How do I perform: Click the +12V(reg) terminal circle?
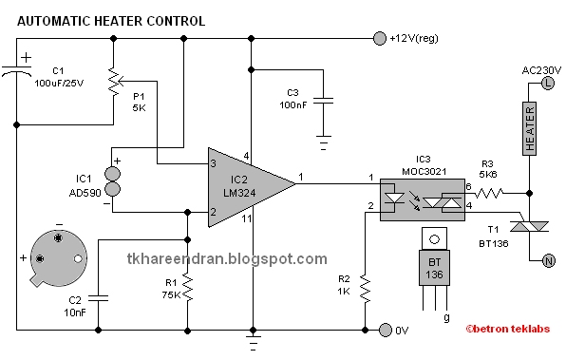[379, 38]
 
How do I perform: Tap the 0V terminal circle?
[386, 330]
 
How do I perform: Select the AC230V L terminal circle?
[548, 84]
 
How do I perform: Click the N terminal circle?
[549, 260]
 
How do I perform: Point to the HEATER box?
[530, 128]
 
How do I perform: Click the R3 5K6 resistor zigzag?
[489, 194]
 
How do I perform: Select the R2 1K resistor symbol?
[365, 289]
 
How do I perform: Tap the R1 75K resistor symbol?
[187, 287]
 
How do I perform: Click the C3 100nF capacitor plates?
[323, 100]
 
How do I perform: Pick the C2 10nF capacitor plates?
[98, 298]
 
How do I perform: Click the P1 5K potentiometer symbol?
[115, 82]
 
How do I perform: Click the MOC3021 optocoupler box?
[423, 199]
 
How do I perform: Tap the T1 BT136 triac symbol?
[529, 226]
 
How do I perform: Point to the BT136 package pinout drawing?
[434, 269]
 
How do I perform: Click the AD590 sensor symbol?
[113, 181]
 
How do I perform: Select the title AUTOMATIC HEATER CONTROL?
[111, 21]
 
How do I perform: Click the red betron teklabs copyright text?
[507, 329]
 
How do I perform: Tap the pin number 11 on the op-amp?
[247, 218]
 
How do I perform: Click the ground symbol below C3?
[324, 142]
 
